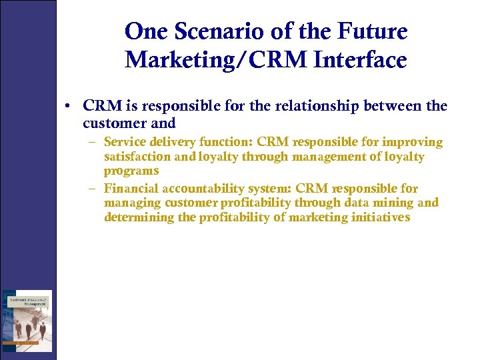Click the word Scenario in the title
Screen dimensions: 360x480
[x=220, y=31]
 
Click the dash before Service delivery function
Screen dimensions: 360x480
[x=90, y=142]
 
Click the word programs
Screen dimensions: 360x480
[x=131, y=171]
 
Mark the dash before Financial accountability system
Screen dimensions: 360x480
[x=90, y=189]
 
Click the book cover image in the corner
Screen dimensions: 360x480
[x=27, y=321]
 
